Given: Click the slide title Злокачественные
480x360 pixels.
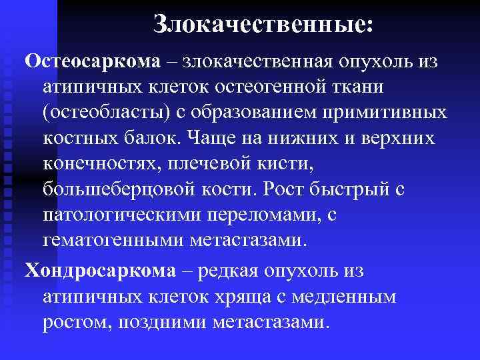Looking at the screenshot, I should click(263, 25).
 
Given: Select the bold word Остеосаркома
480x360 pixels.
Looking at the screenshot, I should click(93, 61).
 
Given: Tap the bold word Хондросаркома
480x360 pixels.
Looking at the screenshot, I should click(98, 271).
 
